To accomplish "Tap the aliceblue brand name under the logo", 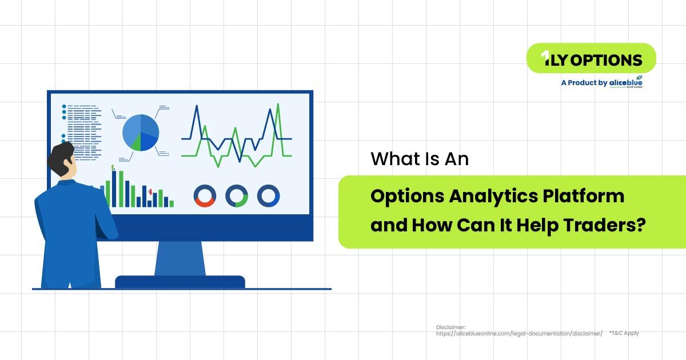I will pyautogui.click(x=625, y=82).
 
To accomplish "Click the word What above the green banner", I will pyautogui.click(x=391, y=158).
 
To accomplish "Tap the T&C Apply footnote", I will pyautogui.click(x=624, y=333).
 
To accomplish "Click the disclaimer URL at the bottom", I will pyautogui.click(x=519, y=333).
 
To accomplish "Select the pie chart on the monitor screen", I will pyautogui.click(x=141, y=133).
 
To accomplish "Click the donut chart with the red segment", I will pyautogui.click(x=204, y=195).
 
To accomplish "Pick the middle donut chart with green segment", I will pyautogui.click(x=237, y=195).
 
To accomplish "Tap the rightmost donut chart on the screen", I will pyautogui.click(x=268, y=195).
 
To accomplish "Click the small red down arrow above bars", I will pyautogui.click(x=150, y=193).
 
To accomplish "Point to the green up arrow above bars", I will pyautogui.click(x=113, y=167).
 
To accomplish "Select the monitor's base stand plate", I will pyautogui.click(x=180, y=282).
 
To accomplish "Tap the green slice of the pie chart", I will pyautogui.click(x=135, y=143).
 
